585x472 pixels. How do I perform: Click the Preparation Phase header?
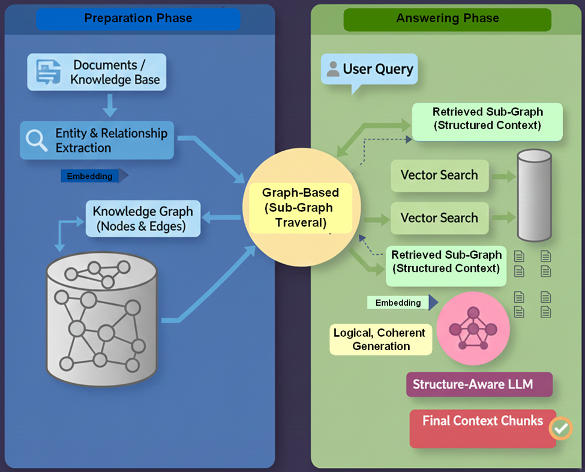pyautogui.click(x=138, y=19)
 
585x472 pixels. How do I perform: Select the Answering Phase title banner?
pyautogui.click(x=447, y=19)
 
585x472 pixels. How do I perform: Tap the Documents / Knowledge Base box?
pyautogui.click(x=96, y=72)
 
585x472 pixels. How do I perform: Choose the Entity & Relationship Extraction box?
pyautogui.click(x=97, y=141)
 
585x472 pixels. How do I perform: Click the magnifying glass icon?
pyautogui.click(x=37, y=141)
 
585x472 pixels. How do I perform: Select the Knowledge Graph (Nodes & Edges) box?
pyautogui.click(x=143, y=219)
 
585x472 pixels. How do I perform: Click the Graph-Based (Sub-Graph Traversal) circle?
pyautogui.click(x=301, y=208)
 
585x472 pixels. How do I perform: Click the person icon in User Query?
pyautogui.click(x=332, y=69)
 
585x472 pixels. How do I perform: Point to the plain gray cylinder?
pyautogui.click(x=534, y=195)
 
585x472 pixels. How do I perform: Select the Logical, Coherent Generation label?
pyautogui.click(x=380, y=339)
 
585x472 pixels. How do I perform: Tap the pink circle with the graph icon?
pyautogui.click(x=473, y=330)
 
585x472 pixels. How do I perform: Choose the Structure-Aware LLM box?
pyautogui.click(x=479, y=384)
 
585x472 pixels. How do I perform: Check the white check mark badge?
pyautogui.click(x=561, y=428)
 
